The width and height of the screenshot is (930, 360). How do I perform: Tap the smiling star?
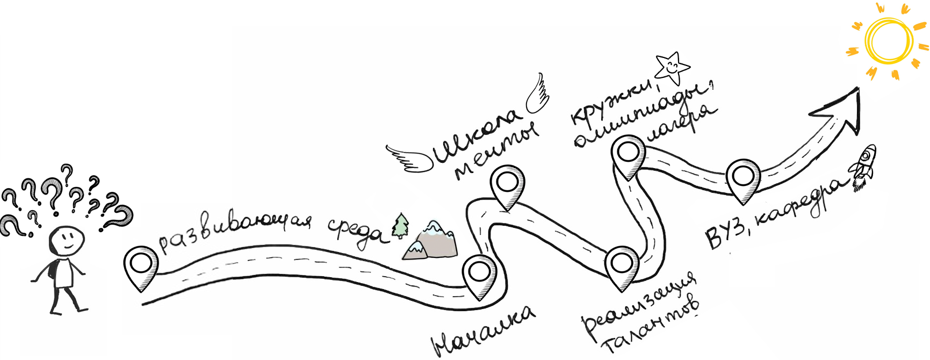pyautogui.click(x=671, y=68)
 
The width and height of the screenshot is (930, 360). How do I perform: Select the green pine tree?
pyautogui.click(x=400, y=226)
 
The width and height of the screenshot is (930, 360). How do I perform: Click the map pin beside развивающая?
pyautogui.click(x=141, y=265)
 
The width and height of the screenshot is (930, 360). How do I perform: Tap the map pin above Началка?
pyautogui.click(x=479, y=274)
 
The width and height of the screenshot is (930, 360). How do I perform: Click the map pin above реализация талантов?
pyautogui.click(x=622, y=265)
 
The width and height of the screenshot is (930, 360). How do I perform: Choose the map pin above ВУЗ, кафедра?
pyautogui.click(x=743, y=177)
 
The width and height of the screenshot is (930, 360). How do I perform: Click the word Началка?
pyautogui.click(x=484, y=331)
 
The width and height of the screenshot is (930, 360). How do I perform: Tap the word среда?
pyautogui.click(x=357, y=234)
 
